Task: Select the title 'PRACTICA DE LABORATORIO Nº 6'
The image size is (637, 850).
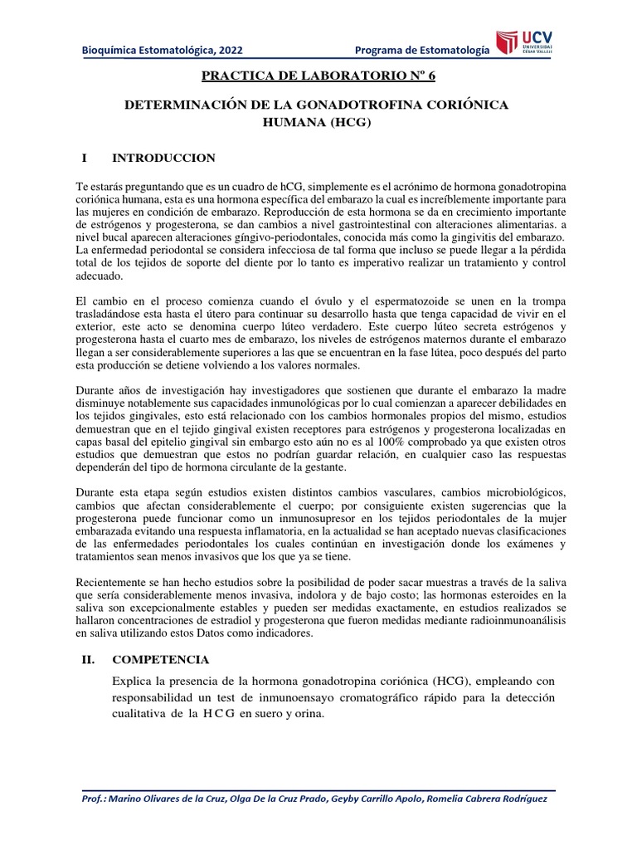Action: pyautogui.click(x=318, y=78)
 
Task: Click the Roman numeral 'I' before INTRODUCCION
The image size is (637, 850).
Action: pyautogui.click(x=84, y=158)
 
